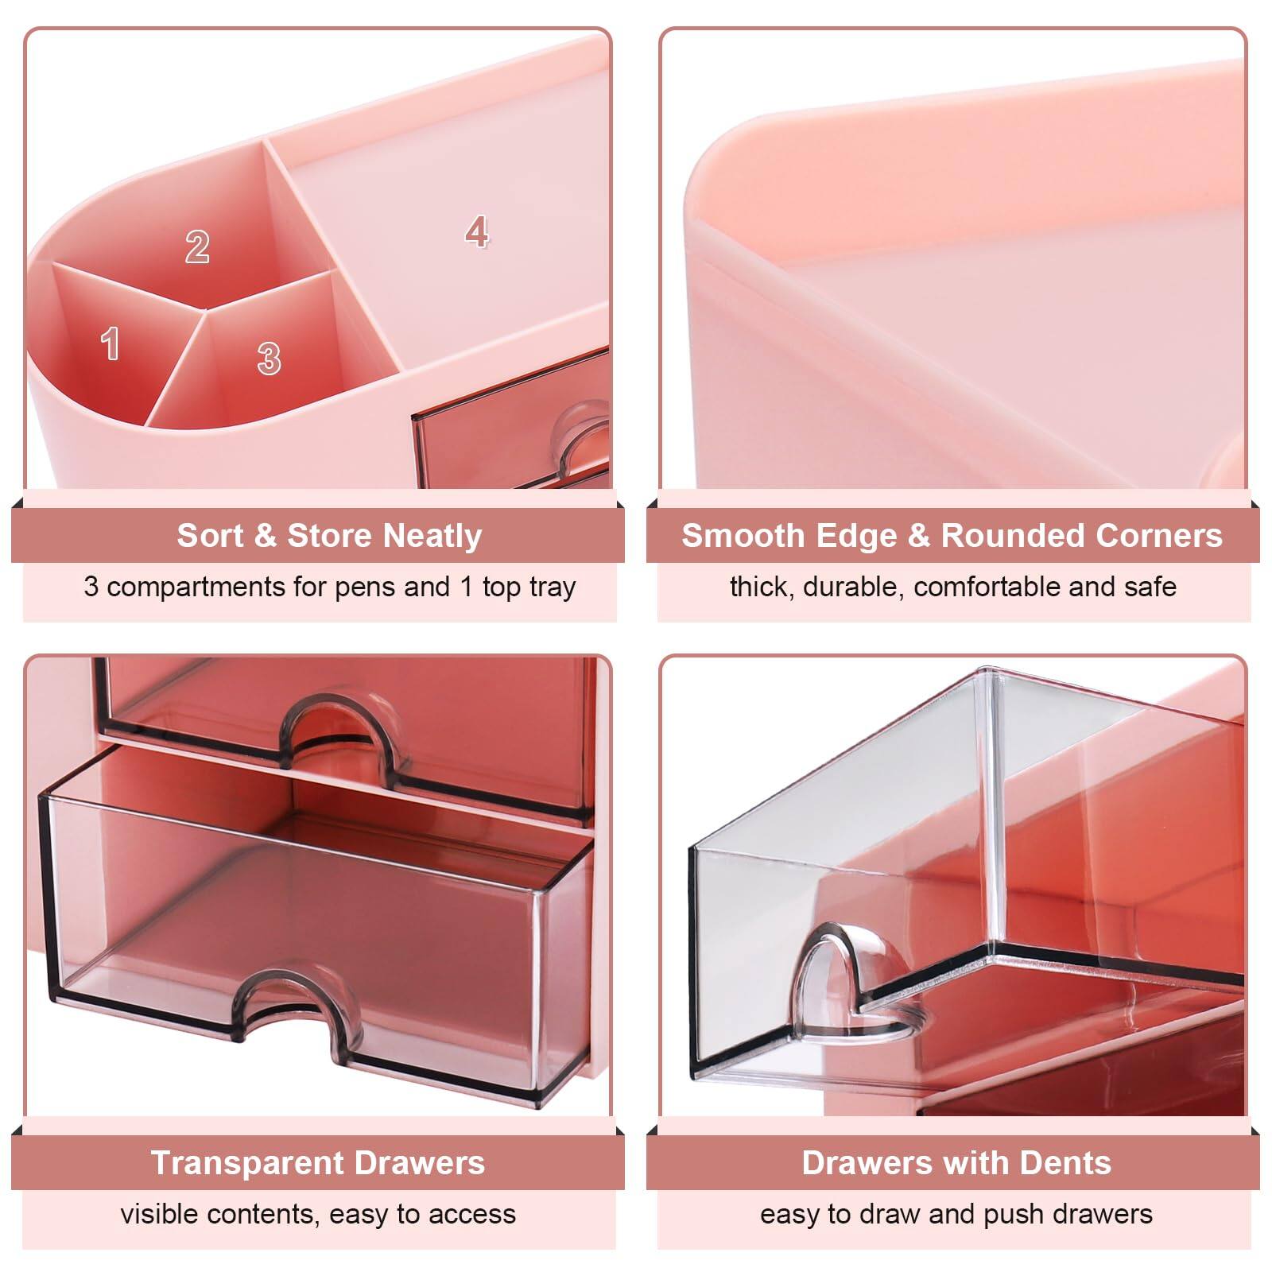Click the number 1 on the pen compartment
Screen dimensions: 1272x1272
point(111,343)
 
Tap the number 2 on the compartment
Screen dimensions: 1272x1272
point(197,246)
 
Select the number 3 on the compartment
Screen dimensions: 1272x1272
point(269,359)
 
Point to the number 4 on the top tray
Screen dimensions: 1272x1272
point(476,231)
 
